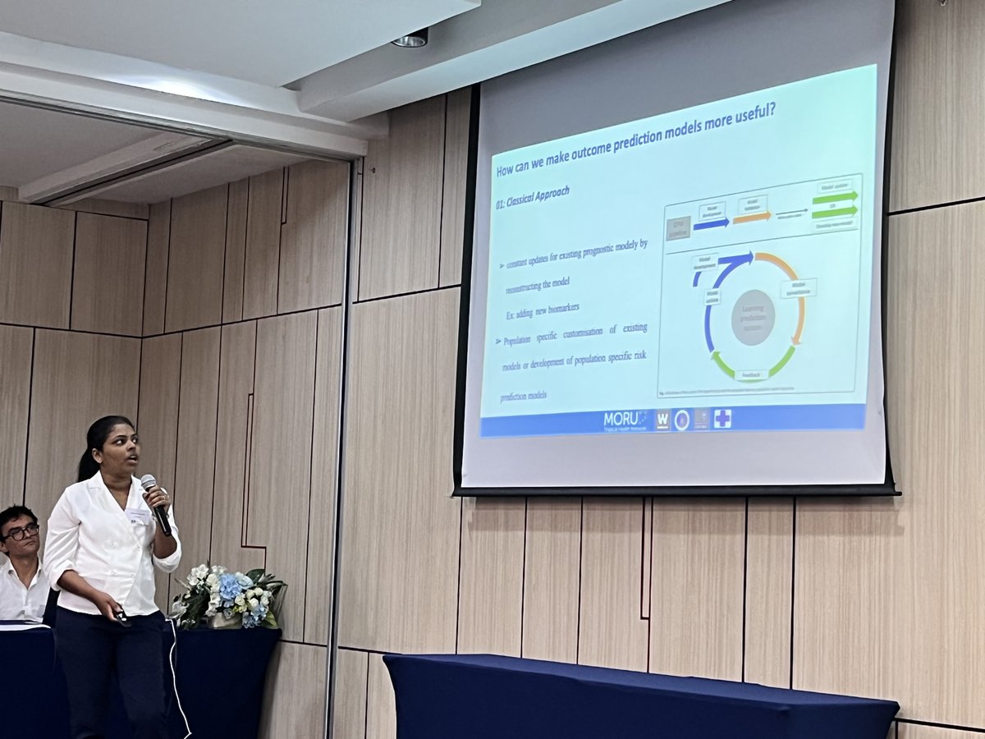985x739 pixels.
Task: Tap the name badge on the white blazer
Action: point(139,516)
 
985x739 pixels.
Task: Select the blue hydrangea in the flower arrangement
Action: point(230,586)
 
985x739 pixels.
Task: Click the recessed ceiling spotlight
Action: point(410,38)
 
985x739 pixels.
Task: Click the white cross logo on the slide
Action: point(722,418)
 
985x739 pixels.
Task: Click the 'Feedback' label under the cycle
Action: point(752,374)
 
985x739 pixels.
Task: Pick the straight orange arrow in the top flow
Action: point(752,218)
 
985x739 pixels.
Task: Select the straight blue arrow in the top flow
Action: point(711,223)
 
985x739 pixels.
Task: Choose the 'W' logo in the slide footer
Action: point(662,420)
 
